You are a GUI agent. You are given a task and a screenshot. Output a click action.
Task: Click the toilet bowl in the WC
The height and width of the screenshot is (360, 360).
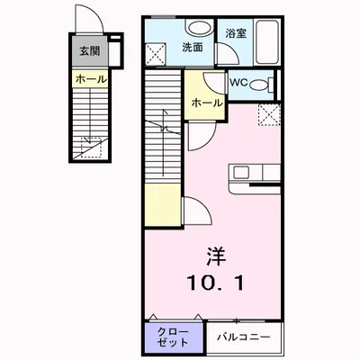(259, 85)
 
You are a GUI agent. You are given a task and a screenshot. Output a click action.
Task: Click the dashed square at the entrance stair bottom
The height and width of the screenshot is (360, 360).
(87, 147)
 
